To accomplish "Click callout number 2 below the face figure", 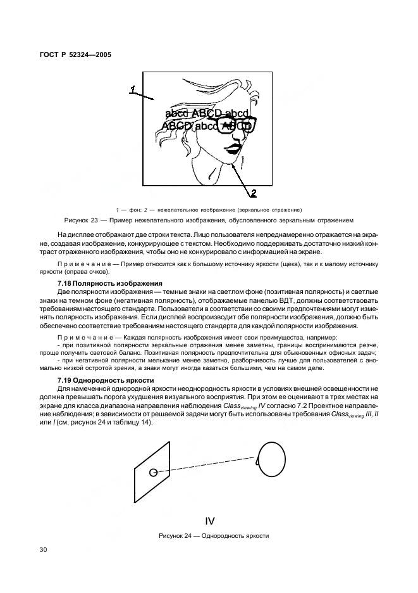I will coord(253,193).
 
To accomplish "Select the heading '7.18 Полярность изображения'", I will coord(109,283).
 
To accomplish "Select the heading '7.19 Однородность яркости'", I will coord(106,379).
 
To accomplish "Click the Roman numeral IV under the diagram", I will coord(211,521).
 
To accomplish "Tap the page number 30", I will coord(44,550).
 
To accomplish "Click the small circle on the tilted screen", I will coord(154,472).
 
